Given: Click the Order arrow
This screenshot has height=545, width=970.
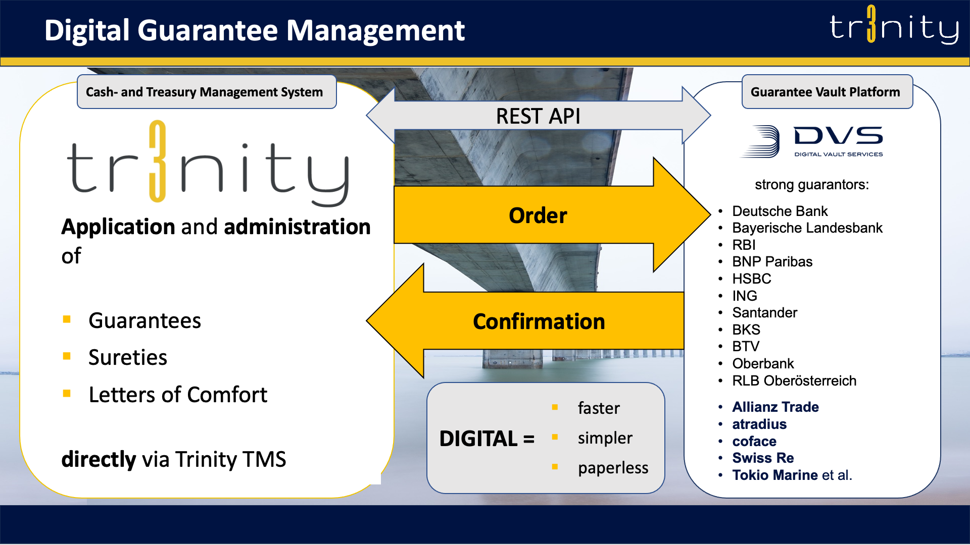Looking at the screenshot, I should point(538,215).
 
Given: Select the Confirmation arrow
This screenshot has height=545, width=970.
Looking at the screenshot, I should point(539,321).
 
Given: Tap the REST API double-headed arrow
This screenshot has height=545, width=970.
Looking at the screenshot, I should point(538,116).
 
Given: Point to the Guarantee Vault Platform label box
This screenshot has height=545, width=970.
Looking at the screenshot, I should point(827,92).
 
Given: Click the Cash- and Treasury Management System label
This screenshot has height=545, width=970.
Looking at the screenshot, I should point(205,92).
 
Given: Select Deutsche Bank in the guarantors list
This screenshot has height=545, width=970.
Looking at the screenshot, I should point(780,211).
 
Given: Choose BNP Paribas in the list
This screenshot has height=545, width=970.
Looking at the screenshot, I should point(772,261).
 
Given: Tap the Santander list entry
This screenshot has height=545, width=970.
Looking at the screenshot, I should point(764,312).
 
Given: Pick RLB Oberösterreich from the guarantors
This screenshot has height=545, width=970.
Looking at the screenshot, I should point(794,380).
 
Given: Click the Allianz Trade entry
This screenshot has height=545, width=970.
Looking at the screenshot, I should point(775,407).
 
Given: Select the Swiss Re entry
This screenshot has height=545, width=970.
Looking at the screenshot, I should point(763,458).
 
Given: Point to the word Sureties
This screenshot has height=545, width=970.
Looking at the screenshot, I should point(128,357).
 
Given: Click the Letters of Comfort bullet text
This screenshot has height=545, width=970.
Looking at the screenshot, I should point(178,395).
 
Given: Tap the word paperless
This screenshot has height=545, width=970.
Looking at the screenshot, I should point(613,468).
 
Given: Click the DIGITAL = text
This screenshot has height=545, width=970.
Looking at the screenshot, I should point(487,438).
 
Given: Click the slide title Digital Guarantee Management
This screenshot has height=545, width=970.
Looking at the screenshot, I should point(254,30).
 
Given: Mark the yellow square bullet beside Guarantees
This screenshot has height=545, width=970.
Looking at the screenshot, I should point(67,319).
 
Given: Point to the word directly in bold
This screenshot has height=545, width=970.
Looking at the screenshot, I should point(99,459).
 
